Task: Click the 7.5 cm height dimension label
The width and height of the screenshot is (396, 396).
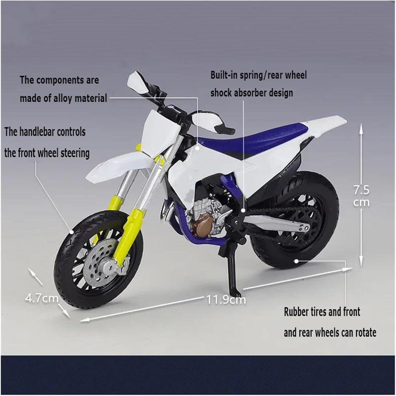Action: point(362,196)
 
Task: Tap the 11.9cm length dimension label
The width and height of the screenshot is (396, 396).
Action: point(226,300)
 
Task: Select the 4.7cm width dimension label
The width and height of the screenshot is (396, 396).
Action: point(42,298)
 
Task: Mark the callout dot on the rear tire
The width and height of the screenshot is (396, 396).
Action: point(296,261)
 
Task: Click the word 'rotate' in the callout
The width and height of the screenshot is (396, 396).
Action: point(364,333)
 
